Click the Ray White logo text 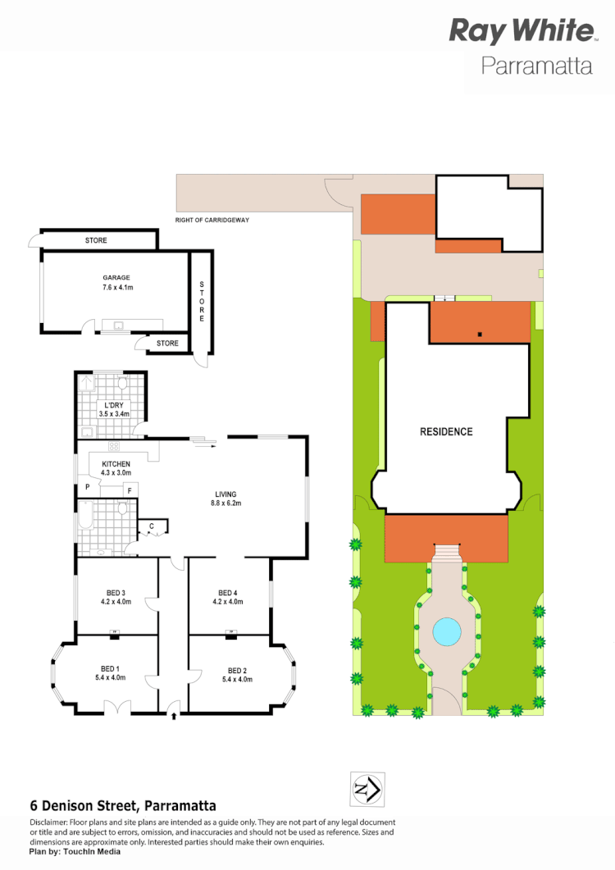(521, 31)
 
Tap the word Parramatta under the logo (536, 66)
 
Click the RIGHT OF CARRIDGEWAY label (212, 221)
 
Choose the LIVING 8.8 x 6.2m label (225, 499)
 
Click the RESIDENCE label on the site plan (446, 431)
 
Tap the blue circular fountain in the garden (446, 631)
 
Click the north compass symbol (366, 790)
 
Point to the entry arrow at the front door (174, 716)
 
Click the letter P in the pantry (87, 487)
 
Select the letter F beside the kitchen (130, 490)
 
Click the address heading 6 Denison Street (123, 806)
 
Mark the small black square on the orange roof (481, 334)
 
